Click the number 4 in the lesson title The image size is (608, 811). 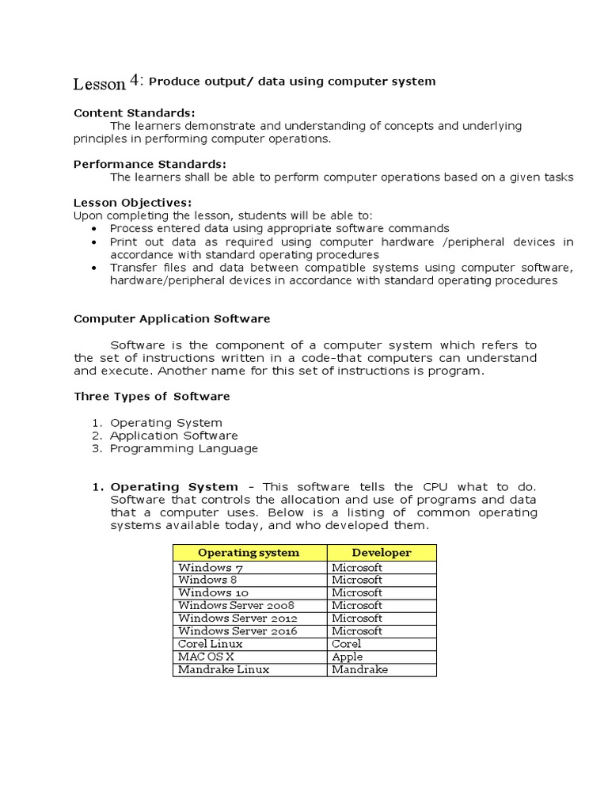pyautogui.click(x=135, y=79)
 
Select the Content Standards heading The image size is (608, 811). pyautogui.click(x=134, y=112)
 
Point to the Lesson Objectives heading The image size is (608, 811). pyautogui.click(x=132, y=203)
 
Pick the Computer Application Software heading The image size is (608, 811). pyautogui.click(x=172, y=318)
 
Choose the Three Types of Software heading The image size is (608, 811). pyautogui.click(x=152, y=396)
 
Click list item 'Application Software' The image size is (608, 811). pyautogui.click(x=173, y=436)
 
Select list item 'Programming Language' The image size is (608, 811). pyautogui.click(x=184, y=448)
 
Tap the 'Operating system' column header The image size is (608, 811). pyautogui.click(x=249, y=553)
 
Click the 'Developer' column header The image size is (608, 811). pyautogui.click(x=382, y=553)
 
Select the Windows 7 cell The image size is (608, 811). pyautogui.click(x=206, y=567)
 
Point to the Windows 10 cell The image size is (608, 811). pyautogui.click(x=209, y=592)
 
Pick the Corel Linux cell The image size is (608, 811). pyautogui.click(x=211, y=644)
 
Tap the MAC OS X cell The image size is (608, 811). pyautogui.click(x=206, y=657)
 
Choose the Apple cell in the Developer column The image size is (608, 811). pyautogui.click(x=348, y=657)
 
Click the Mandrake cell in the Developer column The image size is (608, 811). pyautogui.click(x=359, y=669)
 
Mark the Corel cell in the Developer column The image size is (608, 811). pyautogui.click(x=347, y=644)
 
